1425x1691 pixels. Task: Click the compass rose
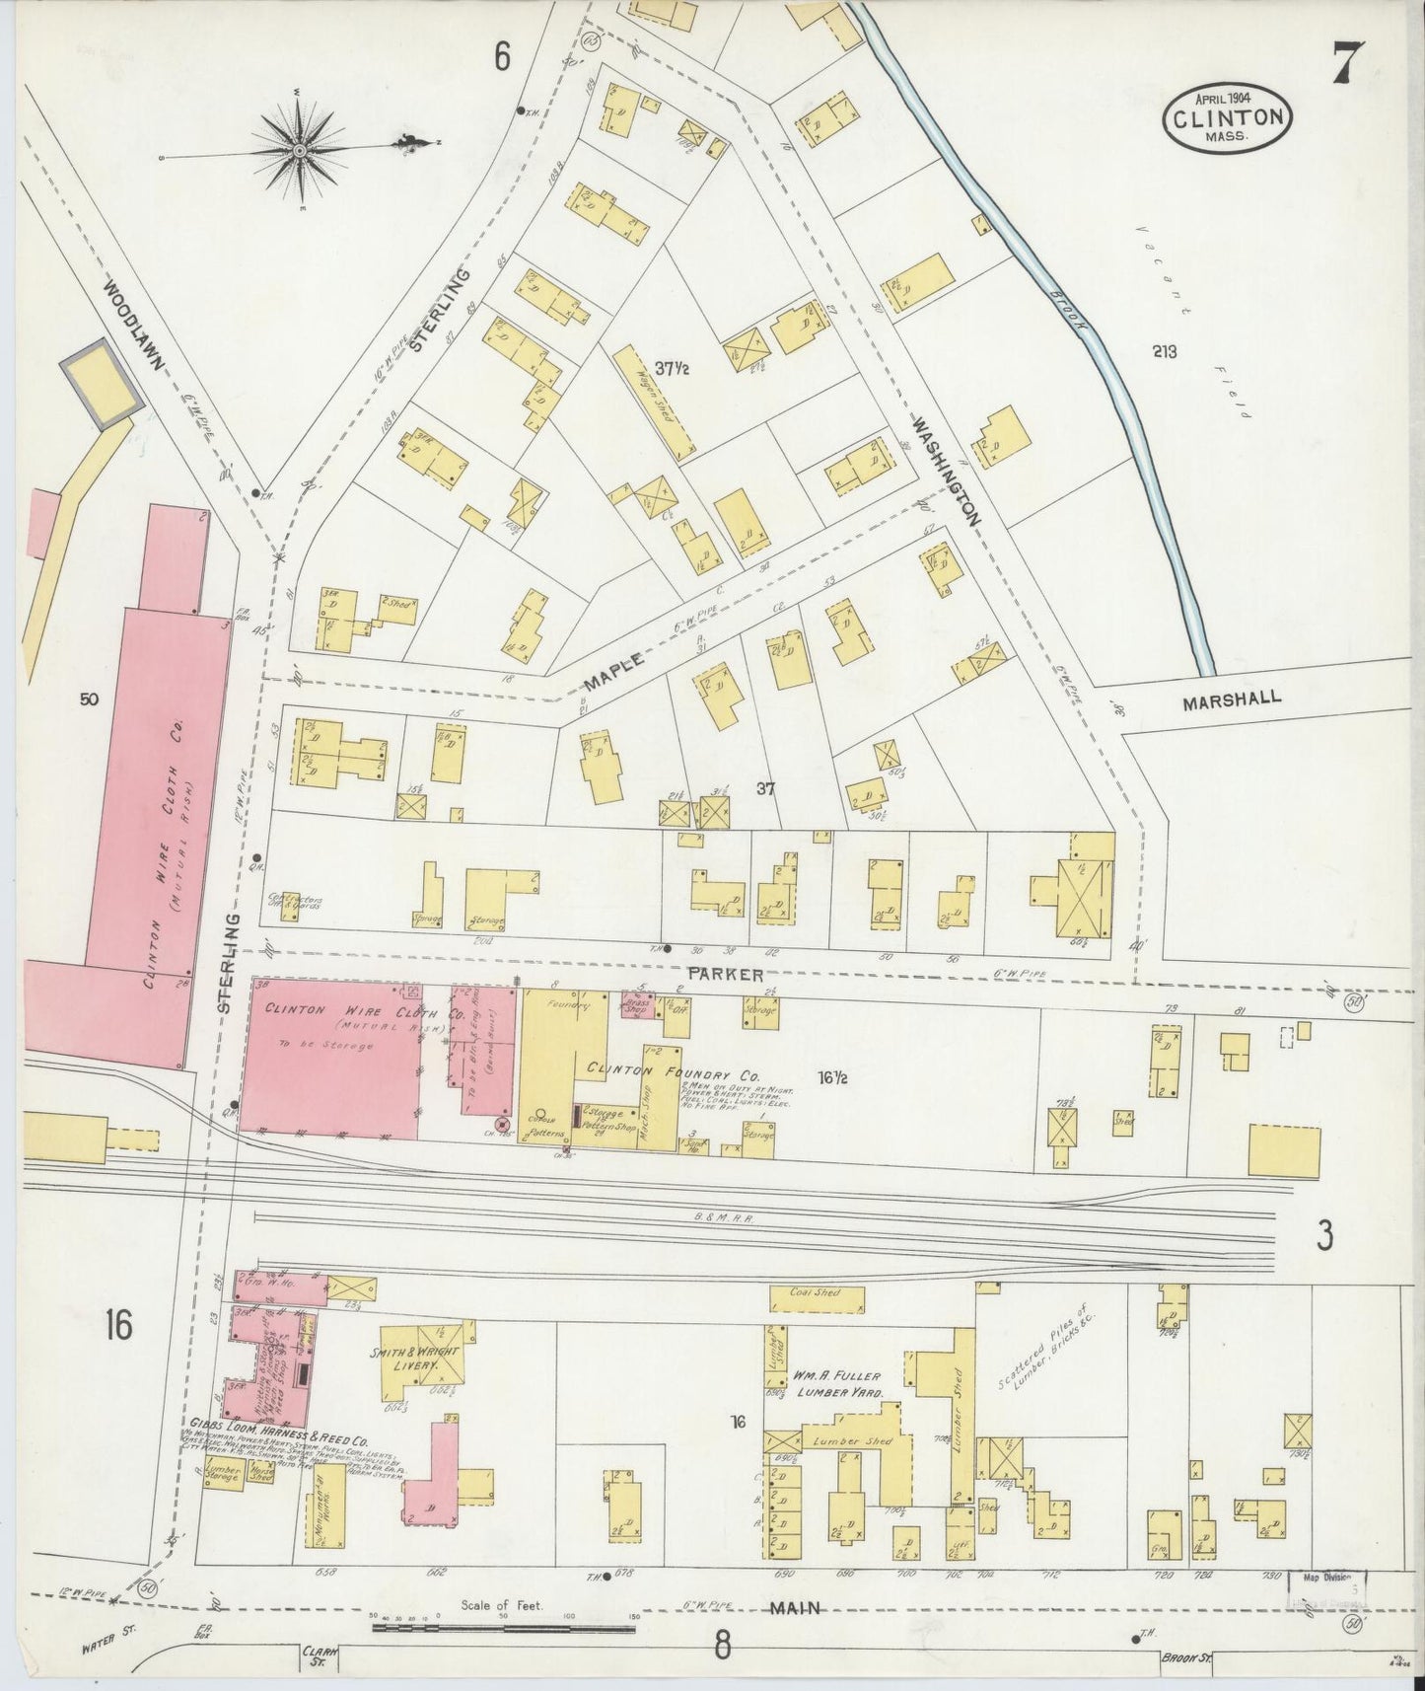[300, 150]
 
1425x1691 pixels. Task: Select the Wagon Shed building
[651, 403]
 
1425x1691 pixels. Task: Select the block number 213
[1163, 350]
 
